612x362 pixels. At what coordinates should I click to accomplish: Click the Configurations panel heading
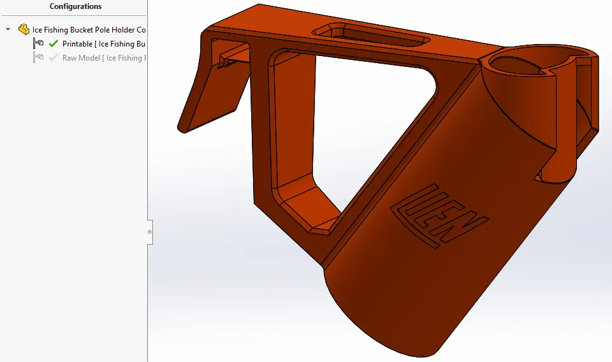(75, 6)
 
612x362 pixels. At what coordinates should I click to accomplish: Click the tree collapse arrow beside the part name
(8, 29)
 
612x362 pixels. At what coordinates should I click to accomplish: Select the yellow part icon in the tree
(24, 29)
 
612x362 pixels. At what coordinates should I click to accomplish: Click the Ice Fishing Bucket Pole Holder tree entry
(89, 29)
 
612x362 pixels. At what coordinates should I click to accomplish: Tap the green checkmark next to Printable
(53, 44)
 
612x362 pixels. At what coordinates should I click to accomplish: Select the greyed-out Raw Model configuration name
(102, 58)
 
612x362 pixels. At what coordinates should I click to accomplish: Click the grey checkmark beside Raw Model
(53, 58)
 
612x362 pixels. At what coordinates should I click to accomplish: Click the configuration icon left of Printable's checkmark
(38, 44)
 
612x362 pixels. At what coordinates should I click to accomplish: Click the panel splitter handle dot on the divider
(150, 232)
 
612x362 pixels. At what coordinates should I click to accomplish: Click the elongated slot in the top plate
(370, 36)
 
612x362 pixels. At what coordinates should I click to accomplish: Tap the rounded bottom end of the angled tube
(376, 319)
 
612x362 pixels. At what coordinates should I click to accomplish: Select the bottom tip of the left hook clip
(184, 128)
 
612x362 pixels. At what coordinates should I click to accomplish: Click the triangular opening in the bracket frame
(357, 121)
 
